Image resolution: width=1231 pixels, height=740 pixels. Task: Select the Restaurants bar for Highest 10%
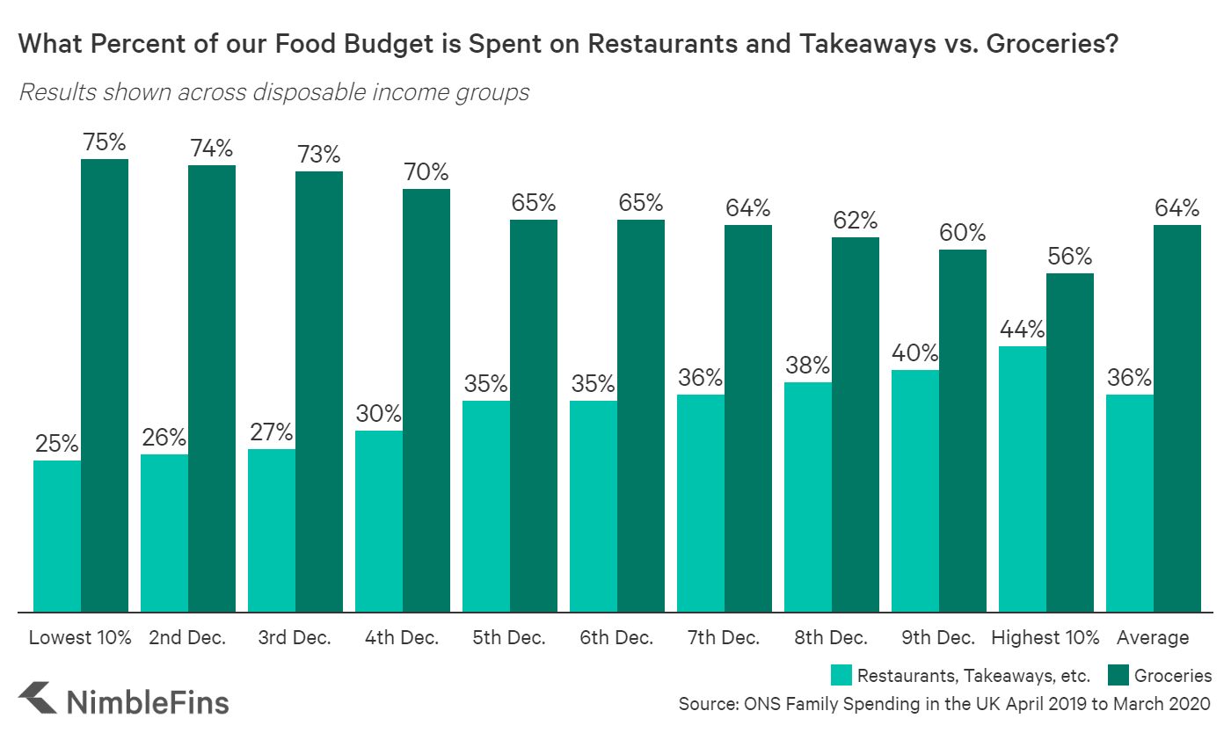click(x=1023, y=479)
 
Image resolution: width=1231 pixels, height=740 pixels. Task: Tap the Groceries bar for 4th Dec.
click(x=426, y=400)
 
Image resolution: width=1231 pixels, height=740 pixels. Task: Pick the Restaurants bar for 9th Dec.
click(x=915, y=490)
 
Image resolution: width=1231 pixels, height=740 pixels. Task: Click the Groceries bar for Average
click(x=1177, y=418)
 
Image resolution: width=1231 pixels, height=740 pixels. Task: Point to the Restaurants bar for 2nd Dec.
click(x=164, y=533)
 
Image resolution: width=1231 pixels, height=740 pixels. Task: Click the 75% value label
click(x=105, y=142)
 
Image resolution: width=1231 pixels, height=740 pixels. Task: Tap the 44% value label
click(x=1023, y=330)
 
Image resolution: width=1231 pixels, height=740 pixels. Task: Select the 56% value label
click(x=1070, y=257)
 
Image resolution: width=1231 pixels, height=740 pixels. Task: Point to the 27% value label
click(x=272, y=432)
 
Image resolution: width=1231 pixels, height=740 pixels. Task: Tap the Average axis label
click(x=1153, y=638)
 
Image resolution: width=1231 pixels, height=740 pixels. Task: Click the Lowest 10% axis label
click(x=80, y=638)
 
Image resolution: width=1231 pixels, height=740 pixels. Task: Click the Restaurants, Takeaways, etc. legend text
click(x=973, y=676)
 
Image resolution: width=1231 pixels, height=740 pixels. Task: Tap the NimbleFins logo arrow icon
click(x=38, y=700)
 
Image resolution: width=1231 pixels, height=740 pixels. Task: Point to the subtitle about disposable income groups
click(x=273, y=92)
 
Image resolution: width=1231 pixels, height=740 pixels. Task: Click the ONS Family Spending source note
click(x=944, y=704)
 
